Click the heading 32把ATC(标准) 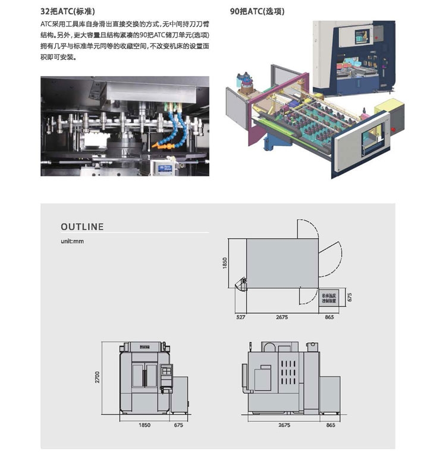point(67,11)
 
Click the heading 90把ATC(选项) point(257,11)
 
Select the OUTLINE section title point(82,227)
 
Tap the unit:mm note point(72,242)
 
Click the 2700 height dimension point(98,377)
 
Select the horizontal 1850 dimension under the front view point(145,425)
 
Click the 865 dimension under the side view point(331,425)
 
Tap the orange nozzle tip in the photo point(157,144)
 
